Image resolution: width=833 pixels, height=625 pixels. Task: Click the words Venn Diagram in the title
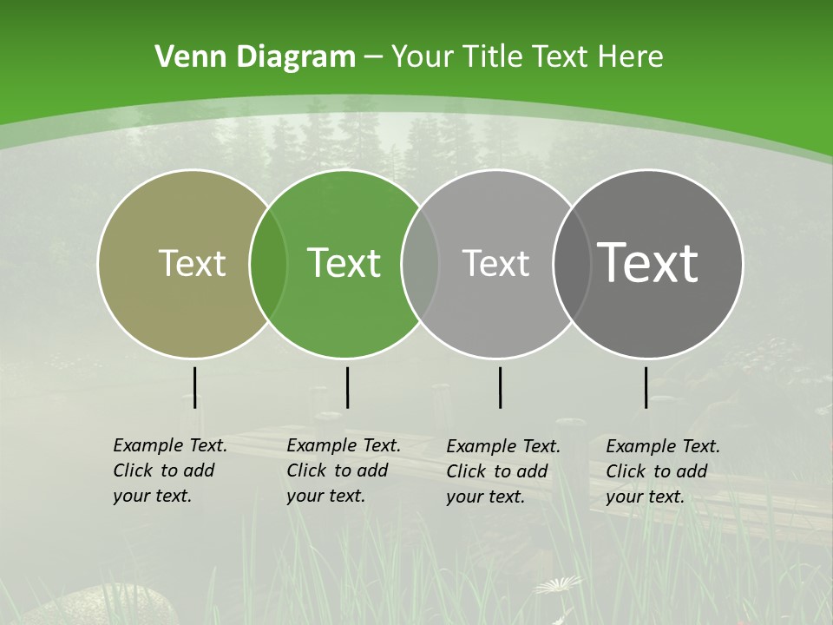254,57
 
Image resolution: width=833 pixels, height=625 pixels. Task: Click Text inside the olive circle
192,263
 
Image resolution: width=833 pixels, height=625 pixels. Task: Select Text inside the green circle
344,263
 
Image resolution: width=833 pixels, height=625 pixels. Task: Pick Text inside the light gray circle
495,263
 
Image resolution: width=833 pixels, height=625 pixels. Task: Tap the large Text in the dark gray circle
648,263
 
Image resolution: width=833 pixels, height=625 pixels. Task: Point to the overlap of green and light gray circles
420,263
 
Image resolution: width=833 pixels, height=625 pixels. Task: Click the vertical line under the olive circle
194,387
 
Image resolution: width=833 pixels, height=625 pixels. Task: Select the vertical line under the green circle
347,387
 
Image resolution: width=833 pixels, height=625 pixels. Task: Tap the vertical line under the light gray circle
500,387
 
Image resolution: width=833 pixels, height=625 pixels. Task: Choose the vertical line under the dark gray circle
646,387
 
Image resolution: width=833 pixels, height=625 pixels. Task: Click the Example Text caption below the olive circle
169,470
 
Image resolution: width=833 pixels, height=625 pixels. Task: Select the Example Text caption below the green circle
343,470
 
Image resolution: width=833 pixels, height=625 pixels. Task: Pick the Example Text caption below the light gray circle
502,471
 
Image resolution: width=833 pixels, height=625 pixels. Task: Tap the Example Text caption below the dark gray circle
662,471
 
